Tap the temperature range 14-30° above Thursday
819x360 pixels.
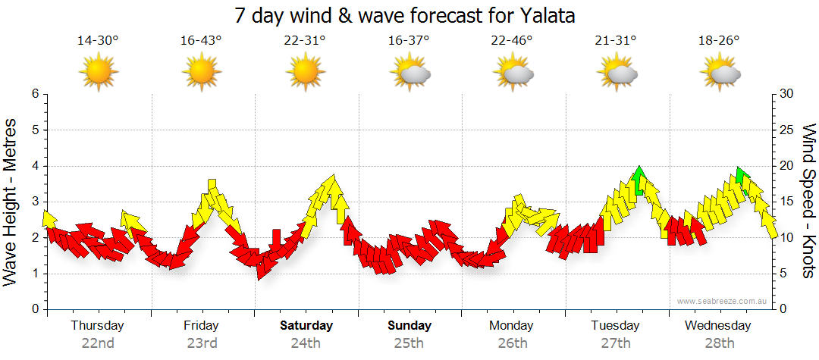(98, 41)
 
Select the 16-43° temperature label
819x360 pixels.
(201, 41)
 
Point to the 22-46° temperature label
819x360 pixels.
(512, 41)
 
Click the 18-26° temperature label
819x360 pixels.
(719, 41)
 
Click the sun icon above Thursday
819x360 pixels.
(99, 73)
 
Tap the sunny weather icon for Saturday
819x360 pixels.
(305, 73)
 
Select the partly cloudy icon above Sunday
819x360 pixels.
(409, 73)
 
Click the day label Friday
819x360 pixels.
(201, 326)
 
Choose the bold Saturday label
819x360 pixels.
(306, 326)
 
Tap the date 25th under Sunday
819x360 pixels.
(409, 343)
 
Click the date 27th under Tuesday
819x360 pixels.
(616, 343)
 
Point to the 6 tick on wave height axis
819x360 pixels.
(35, 94)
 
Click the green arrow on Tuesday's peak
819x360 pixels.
(640, 180)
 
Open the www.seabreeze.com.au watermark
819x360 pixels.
(723, 301)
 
